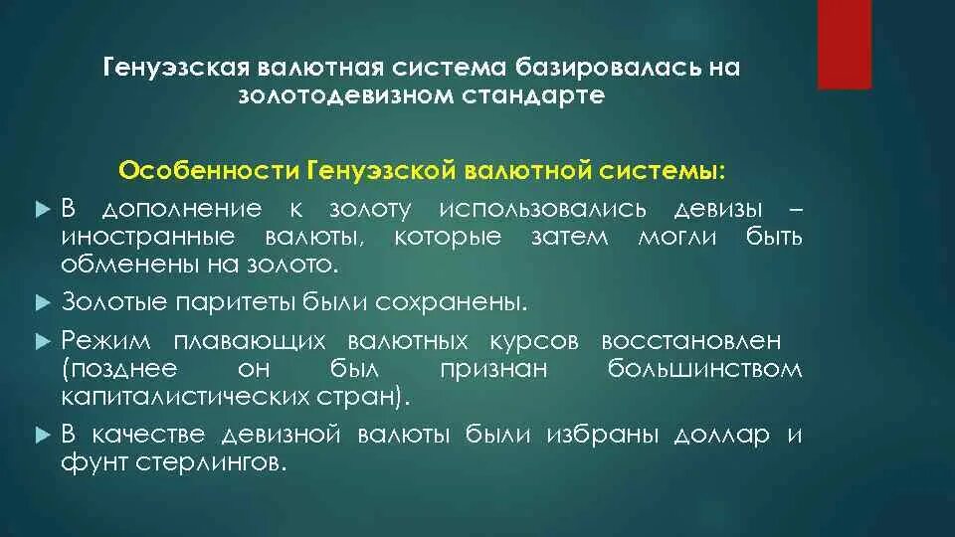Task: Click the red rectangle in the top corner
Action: [844, 45]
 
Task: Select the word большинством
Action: [704, 368]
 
